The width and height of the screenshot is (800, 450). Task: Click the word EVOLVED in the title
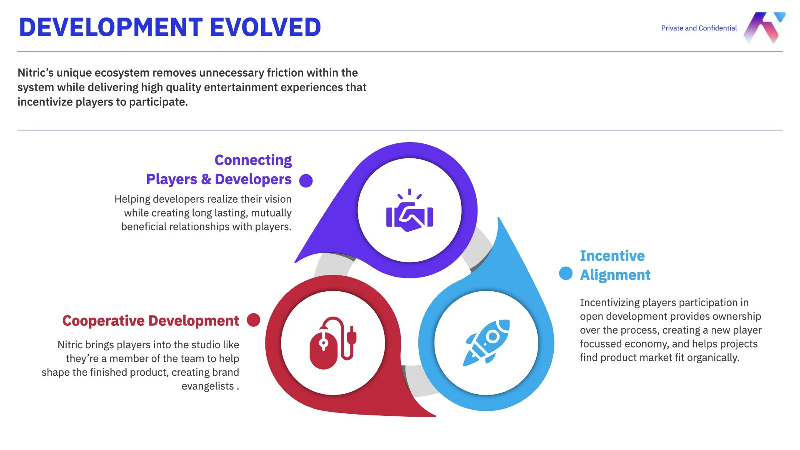tap(265, 27)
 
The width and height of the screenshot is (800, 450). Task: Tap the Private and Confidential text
tap(699, 28)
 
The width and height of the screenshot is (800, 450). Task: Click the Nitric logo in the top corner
tap(764, 27)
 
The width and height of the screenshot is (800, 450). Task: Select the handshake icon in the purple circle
tap(410, 211)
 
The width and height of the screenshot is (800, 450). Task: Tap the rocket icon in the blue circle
tap(487, 343)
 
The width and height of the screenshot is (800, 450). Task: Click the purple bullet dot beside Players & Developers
tap(306, 181)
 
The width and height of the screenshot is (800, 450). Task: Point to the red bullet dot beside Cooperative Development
tap(253, 320)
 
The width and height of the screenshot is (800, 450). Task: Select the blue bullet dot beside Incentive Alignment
tap(565, 273)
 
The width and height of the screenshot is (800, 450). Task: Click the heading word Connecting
tap(253, 160)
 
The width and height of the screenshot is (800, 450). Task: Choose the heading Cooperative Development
tap(150, 321)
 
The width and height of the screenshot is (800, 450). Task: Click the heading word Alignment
tap(615, 275)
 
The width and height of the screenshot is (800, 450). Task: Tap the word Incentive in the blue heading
tap(612, 256)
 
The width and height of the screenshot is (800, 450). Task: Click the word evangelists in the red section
tap(207, 386)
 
